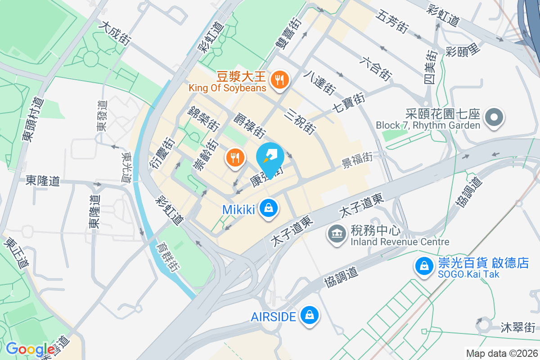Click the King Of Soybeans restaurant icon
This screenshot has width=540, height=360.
[x=280, y=81]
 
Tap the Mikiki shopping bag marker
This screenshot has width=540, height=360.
[x=269, y=208]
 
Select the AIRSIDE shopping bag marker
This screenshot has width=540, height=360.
[x=309, y=316]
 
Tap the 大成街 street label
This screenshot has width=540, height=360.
[x=116, y=34]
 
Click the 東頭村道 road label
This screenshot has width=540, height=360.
[x=33, y=120]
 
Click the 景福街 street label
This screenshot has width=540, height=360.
[x=357, y=159]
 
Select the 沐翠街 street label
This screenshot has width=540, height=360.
[x=517, y=327]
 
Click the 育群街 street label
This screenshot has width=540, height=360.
[x=168, y=258]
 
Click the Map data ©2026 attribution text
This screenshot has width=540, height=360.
[x=501, y=353]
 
